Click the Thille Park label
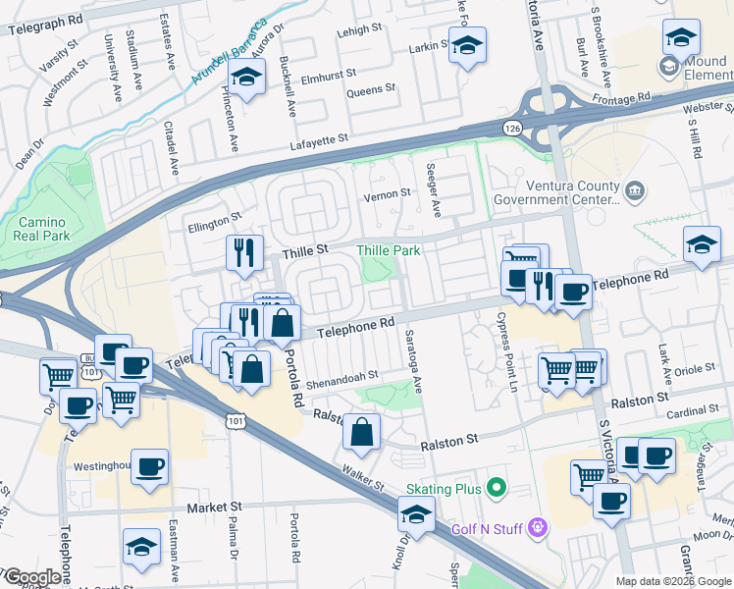click(x=388, y=251)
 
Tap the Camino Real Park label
click(x=41, y=230)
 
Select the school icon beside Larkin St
click(x=468, y=45)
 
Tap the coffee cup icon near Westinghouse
click(x=149, y=466)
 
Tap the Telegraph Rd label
click(x=45, y=22)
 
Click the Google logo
click(x=33, y=577)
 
